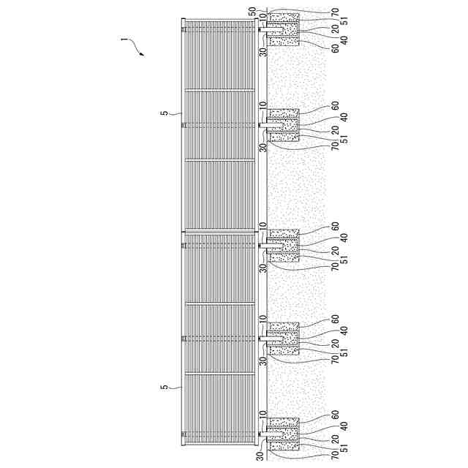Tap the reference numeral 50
pyautogui.click(x=253, y=11)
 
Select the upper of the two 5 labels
pyautogui.click(x=164, y=113)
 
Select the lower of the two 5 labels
pyautogui.click(x=164, y=388)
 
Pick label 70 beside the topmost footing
pyautogui.click(x=334, y=12)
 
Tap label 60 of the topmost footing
pyautogui.click(x=334, y=49)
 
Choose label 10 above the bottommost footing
pyautogui.click(x=262, y=414)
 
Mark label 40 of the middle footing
pyautogui.click(x=344, y=237)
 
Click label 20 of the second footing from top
pyautogui.click(x=334, y=129)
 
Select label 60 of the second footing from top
pyautogui.click(x=334, y=105)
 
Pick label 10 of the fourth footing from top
pyautogui.click(x=262, y=319)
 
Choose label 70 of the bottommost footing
pyautogui.click(x=334, y=454)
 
